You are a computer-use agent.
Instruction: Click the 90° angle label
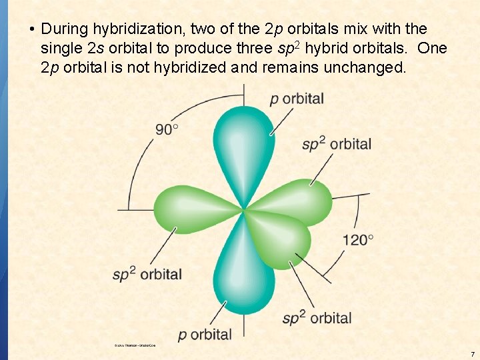tap(167, 129)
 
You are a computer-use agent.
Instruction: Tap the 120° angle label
tap(358, 239)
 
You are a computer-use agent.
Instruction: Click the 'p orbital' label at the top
tap(297, 99)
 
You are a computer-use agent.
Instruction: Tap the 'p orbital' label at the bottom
tap(205, 334)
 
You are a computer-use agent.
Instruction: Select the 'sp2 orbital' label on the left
tap(147, 273)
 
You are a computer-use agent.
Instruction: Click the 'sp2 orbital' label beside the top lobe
tap(337, 143)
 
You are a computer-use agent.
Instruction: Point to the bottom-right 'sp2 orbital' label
tap(317, 317)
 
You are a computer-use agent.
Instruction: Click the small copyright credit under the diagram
tap(135, 345)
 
